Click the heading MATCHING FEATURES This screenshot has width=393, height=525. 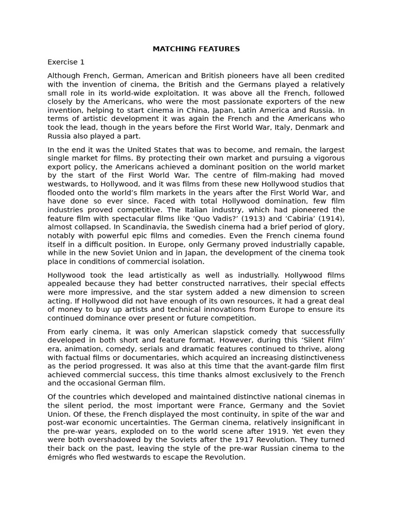pos(196,49)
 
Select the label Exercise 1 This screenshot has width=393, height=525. pos(66,62)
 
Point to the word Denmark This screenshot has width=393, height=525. pos(313,128)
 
